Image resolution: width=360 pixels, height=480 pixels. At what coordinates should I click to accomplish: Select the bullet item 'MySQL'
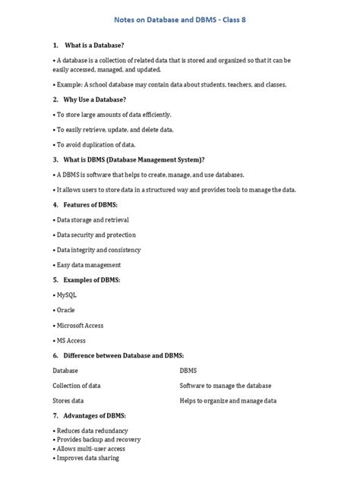pos(66,295)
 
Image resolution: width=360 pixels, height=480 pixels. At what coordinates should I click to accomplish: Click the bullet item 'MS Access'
pos(71,340)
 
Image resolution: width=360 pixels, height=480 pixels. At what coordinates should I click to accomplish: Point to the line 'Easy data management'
pos(87,265)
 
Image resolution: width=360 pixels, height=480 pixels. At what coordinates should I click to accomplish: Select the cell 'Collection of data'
pos(76,386)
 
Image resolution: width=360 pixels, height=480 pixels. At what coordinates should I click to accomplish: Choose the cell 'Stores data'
pos(68,400)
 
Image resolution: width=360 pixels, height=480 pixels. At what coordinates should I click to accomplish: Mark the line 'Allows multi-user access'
pos(88,449)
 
